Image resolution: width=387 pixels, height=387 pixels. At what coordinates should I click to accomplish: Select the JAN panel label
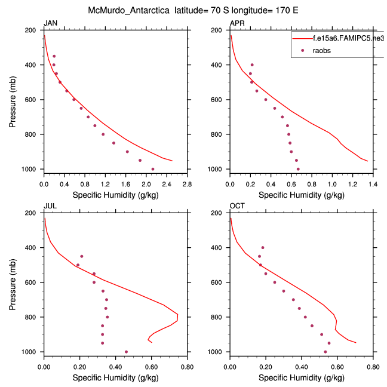coord(50,23)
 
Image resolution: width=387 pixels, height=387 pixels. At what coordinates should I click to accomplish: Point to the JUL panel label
coord(50,206)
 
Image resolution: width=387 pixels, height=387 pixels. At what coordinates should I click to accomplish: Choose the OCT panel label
coord(237,206)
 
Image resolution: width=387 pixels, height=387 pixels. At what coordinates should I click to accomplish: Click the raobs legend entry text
coord(322,50)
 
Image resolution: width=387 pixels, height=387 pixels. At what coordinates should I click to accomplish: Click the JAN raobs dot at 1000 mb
coord(153,169)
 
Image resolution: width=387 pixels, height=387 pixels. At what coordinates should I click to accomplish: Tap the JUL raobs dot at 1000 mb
coord(126,352)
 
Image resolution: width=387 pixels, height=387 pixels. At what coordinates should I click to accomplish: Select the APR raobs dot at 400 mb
coord(252,64)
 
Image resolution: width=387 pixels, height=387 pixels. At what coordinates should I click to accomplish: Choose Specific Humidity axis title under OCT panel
coord(302,377)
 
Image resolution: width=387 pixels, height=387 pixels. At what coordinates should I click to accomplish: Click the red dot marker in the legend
coord(303,50)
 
